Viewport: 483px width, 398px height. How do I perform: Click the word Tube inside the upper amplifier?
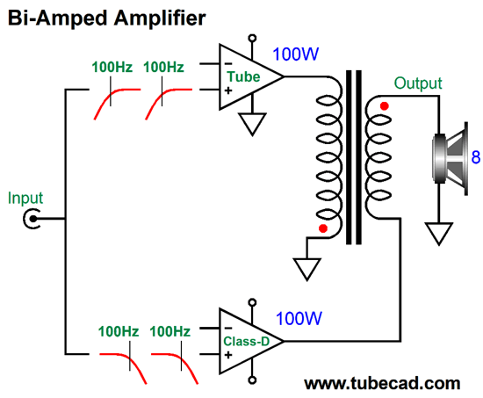point(243,76)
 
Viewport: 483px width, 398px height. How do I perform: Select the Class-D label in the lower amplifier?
point(246,341)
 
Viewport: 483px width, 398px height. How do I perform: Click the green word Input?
point(25,199)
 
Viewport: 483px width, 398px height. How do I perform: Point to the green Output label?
point(418,83)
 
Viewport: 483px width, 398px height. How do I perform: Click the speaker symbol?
point(451,159)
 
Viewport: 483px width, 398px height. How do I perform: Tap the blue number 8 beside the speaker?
point(476,157)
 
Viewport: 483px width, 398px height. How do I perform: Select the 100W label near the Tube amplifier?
point(295,54)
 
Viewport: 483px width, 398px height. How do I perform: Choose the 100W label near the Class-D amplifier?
point(299,318)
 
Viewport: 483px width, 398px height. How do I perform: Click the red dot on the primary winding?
point(323,228)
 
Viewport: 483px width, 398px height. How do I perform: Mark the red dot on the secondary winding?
point(384,106)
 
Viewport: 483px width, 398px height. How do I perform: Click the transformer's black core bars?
point(354,157)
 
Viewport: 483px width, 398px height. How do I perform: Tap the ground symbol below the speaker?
point(438,234)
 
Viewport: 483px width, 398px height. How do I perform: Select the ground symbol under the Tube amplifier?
point(252,124)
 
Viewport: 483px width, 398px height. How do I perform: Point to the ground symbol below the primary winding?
point(306,270)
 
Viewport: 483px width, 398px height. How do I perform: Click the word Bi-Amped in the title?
point(57,18)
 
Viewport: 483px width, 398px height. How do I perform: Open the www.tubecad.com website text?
point(382,383)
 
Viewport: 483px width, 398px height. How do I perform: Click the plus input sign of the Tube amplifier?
point(228,90)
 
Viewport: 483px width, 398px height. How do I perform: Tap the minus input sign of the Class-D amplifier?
point(228,329)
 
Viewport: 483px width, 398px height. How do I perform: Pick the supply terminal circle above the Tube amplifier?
point(252,39)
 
